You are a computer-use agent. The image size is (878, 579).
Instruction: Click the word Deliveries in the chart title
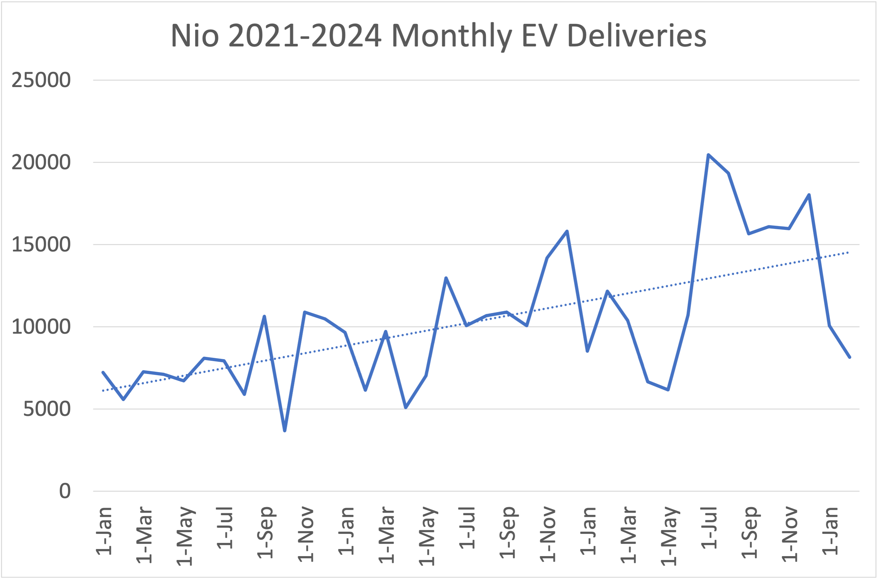(x=636, y=36)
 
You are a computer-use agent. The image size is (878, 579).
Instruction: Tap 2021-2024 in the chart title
(x=305, y=36)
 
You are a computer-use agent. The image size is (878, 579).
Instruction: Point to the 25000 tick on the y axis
(x=41, y=80)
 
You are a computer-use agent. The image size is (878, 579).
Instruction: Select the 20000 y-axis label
(x=41, y=162)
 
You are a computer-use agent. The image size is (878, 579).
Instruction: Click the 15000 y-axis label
(x=41, y=245)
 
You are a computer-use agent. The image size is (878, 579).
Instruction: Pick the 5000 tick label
(x=47, y=409)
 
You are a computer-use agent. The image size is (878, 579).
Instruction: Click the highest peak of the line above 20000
(x=708, y=155)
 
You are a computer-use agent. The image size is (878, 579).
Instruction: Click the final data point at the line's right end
(x=850, y=358)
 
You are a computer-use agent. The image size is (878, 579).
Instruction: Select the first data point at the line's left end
(x=103, y=372)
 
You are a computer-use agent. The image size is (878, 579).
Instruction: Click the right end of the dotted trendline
(x=848, y=252)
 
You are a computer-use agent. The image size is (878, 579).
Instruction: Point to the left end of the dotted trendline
(x=103, y=391)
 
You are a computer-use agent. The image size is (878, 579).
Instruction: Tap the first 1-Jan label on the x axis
(x=104, y=531)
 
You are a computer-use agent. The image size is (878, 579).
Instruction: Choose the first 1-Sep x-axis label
(x=265, y=533)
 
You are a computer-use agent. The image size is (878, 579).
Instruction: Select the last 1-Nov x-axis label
(x=790, y=534)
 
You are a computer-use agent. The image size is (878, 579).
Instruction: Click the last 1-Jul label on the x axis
(x=709, y=528)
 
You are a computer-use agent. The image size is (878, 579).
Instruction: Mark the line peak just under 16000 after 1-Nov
(x=567, y=231)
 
